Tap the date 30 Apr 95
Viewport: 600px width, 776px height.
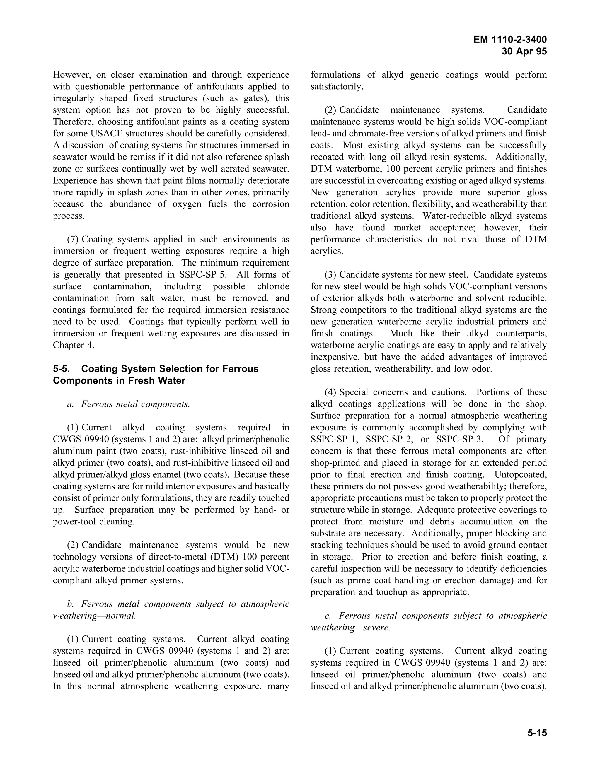click(x=524, y=52)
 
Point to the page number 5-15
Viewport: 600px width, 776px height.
click(x=537, y=733)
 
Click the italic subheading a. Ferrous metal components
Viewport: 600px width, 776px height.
click(x=128, y=404)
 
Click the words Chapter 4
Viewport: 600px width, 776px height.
click(x=74, y=345)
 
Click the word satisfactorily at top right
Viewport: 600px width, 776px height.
click(x=337, y=87)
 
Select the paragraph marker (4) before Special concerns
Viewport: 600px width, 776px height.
click(x=330, y=392)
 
